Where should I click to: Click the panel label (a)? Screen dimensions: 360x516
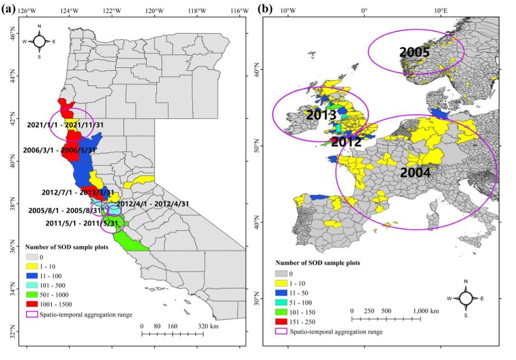coord(11,9)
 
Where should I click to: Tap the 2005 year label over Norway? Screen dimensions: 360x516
coord(414,52)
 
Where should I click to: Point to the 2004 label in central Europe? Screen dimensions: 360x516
coord(415,173)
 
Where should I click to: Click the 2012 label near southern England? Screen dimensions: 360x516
coord(346,142)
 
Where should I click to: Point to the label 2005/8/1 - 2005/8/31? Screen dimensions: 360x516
coord(64,210)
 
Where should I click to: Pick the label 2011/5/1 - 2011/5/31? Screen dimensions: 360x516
coord(82,223)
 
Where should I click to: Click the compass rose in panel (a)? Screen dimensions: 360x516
coord(39,41)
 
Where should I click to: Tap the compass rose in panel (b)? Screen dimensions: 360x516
coord(466,298)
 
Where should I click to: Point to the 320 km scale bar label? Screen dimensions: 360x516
coord(208,326)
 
